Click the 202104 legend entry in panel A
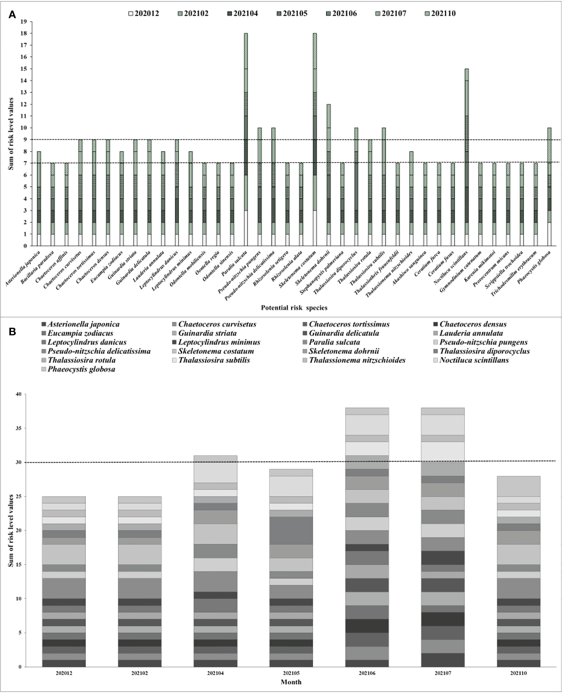pyautogui.click(x=244, y=14)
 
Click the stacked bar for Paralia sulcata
pyautogui.click(x=246, y=139)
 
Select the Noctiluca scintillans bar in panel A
pyautogui.click(x=467, y=157)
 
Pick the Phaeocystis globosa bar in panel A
pyautogui.click(x=549, y=187)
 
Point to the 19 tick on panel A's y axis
pyautogui.click(x=24, y=22)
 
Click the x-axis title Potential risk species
pyautogui.click(x=294, y=308)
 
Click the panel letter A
pyautogui.click(x=12, y=15)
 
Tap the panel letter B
pyautogui.click(x=12, y=332)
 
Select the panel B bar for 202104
pyautogui.click(x=216, y=561)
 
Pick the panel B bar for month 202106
pyautogui.click(x=367, y=537)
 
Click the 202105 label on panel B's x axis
pyautogui.click(x=291, y=673)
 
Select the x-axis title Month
pyautogui.click(x=291, y=682)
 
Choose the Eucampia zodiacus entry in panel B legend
pyautogui.click(x=80, y=333)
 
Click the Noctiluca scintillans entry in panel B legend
pyautogui.click(x=474, y=360)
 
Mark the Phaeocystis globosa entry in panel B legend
pyautogui.click(x=81, y=369)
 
